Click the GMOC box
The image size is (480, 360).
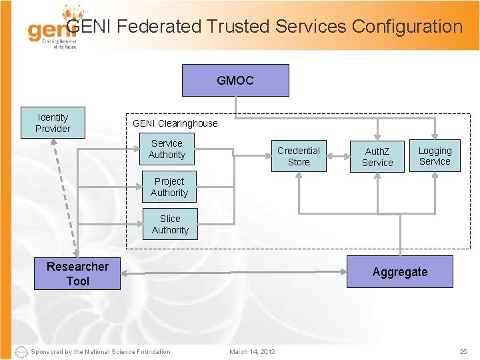tap(235, 81)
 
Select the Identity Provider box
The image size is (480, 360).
tap(53, 123)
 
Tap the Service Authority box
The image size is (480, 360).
tap(167, 149)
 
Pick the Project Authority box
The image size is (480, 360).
tap(169, 187)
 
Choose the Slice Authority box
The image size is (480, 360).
tap(170, 224)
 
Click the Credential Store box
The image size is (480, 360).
tap(299, 156)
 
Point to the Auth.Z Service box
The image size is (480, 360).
tap(377, 157)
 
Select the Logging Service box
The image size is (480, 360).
tap(435, 156)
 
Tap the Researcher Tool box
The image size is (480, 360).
tap(77, 273)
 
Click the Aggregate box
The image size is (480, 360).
tap(400, 272)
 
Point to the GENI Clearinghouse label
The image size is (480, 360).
tap(175, 123)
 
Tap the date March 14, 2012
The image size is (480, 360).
tap(252, 351)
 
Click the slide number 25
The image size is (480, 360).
tap(463, 351)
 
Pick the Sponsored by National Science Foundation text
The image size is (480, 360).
tap(100, 351)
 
